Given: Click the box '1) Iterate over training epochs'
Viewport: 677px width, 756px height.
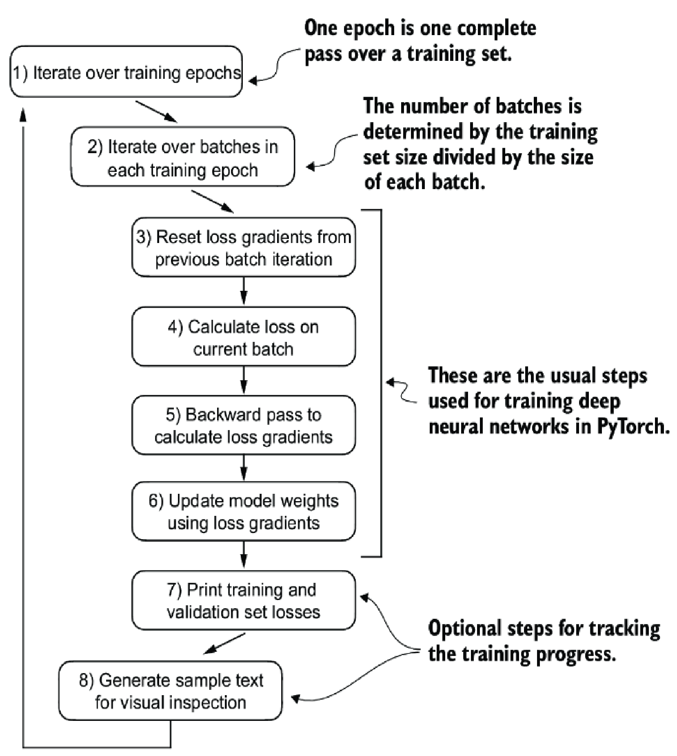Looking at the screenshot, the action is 126,71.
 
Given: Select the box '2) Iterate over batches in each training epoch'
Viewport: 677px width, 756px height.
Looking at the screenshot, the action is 182,157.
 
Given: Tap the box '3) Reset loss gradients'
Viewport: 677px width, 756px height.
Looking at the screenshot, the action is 244,247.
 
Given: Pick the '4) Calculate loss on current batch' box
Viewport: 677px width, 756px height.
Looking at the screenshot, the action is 244,337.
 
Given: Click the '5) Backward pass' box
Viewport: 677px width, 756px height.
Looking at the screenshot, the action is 244,425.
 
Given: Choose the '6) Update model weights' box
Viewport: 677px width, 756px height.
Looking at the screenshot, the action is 244,512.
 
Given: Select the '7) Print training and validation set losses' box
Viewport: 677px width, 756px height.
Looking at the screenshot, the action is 244,600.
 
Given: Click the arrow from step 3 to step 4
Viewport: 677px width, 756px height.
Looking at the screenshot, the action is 244,291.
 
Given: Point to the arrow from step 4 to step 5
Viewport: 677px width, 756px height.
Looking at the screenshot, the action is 244,380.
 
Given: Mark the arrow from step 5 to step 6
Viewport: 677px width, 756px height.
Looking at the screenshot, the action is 244,468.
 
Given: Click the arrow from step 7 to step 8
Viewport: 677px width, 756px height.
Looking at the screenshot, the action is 224,643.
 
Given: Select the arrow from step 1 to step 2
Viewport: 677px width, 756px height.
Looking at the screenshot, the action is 157,112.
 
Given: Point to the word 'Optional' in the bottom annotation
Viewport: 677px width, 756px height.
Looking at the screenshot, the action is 464,629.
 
